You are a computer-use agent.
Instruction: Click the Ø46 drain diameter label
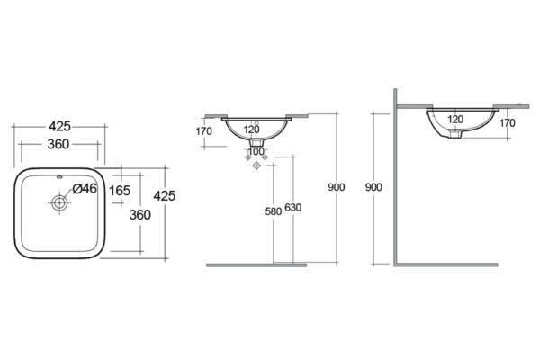[85, 188]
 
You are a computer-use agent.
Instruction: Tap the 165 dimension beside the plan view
[120, 191]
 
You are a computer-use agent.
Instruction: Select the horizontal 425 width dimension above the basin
[59, 126]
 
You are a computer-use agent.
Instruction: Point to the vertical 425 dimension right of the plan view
[165, 195]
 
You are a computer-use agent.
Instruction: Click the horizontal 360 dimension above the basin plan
[58, 144]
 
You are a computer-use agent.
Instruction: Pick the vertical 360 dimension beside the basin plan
[139, 215]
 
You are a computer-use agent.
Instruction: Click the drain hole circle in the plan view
[59, 202]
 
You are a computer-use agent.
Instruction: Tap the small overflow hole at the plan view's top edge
[59, 178]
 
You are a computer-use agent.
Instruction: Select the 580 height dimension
[274, 211]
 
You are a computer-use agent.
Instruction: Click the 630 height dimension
[293, 207]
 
